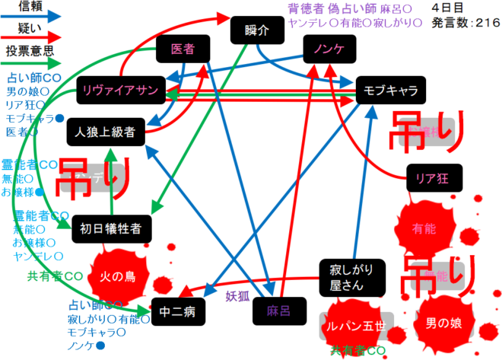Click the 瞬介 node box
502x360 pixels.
(x=257, y=31)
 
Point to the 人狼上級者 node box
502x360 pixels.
(x=104, y=132)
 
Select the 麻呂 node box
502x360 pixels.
(x=279, y=311)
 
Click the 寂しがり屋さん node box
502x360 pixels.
(x=352, y=278)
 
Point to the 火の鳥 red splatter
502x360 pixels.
(x=119, y=276)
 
